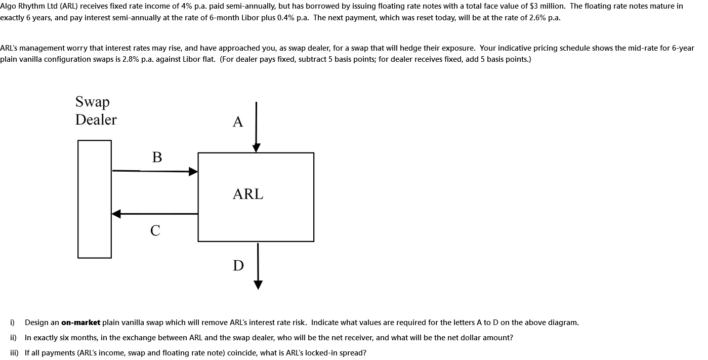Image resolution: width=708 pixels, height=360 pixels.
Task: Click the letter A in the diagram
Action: tap(238, 122)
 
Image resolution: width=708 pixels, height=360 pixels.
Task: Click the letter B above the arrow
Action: tap(157, 157)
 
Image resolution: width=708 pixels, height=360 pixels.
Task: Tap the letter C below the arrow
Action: tap(155, 230)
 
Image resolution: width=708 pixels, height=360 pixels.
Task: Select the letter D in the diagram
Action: tap(238, 265)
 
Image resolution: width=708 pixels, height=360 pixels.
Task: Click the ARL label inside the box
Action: tap(248, 194)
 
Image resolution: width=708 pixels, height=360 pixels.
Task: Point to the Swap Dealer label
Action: tap(96, 110)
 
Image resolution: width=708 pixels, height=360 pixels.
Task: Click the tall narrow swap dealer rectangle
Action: tap(95, 199)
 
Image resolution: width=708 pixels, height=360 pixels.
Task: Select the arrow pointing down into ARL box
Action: tap(257, 127)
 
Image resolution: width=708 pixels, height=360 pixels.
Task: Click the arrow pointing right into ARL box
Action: tap(154, 171)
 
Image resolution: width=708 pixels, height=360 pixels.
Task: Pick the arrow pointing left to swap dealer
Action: tap(154, 214)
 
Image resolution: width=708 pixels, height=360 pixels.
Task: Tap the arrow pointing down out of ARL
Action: tap(258, 266)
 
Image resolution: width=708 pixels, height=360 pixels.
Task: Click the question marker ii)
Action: tap(13, 338)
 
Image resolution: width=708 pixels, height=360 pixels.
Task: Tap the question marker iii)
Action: tap(14, 353)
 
